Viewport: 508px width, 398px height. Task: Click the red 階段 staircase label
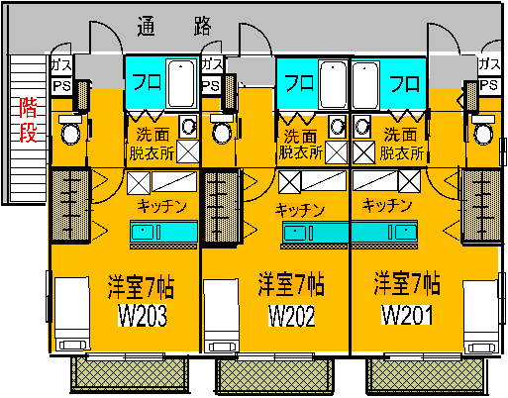point(28,120)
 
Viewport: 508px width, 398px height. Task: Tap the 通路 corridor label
point(174,26)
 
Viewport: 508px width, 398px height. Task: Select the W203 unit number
point(143,316)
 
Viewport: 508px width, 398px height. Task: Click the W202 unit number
point(291,316)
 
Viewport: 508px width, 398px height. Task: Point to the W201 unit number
point(406,315)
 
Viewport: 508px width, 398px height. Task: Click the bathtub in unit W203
point(181,84)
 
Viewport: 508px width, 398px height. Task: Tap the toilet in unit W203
point(70,130)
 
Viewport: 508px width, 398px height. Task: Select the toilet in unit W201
point(483,130)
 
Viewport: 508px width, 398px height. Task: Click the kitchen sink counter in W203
point(163,232)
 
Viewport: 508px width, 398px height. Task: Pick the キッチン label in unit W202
point(300,210)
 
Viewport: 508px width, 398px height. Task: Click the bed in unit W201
point(480,317)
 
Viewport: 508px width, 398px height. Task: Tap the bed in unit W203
point(72,315)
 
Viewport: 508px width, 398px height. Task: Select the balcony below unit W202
point(274,376)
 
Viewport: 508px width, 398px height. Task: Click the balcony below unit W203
point(130,375)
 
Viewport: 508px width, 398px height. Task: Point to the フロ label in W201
point(405,84)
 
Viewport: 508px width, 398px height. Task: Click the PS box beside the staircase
point(61,86)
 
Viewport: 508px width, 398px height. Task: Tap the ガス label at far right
point(489,64)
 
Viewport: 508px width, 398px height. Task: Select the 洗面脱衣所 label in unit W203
point(152,145)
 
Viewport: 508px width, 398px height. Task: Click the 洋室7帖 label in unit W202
point(291,284)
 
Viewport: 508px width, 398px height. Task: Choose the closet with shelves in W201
point(482,205)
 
